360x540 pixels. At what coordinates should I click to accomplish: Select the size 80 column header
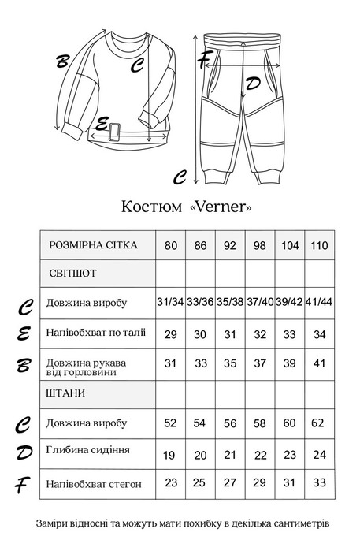pyautogui.click(x=170, y=245)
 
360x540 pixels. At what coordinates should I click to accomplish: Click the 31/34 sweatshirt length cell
pyautogui.click(x=170, y=304)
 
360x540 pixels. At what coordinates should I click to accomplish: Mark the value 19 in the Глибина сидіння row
pyautogui.click(x=170, y=454)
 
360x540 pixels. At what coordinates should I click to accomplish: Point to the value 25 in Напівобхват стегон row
pyautogui.click(x=200, y=482)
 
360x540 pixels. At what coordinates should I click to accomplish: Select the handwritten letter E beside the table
pyautogui.click(x=24, y=334)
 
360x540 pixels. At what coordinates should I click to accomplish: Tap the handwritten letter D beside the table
pyautogui.click(x=24, y=453)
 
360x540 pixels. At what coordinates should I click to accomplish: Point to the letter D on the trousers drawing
pyautogui.click(x=253, y=83)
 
